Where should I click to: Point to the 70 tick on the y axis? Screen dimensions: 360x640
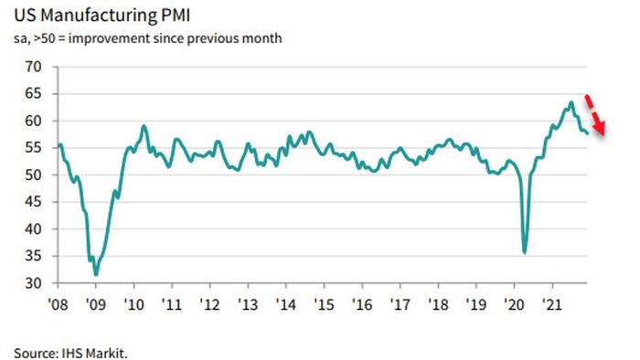tap(34, 67)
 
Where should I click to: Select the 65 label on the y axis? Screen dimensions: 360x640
tap(34, 94)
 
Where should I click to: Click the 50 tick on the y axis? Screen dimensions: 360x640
tap(34, 175)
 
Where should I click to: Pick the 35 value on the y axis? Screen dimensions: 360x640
tap(34, 257)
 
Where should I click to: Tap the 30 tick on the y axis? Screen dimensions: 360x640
tap(34, 284)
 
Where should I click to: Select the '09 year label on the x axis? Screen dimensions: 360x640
tap(96, 302)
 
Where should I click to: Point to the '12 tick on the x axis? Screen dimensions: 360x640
tap(209, 302)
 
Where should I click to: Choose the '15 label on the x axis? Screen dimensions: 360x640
tap(324, 302)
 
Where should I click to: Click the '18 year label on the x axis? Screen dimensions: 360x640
tap(438, 302)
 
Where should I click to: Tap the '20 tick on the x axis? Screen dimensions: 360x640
tap(514, 302)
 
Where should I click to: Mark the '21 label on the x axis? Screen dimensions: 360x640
tap(551, 302)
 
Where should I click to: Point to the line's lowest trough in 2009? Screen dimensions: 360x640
tap(96, 275)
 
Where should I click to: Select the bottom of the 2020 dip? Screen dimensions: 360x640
tap(525, 253)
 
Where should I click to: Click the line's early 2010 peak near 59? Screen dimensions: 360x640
tap(144, 126)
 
